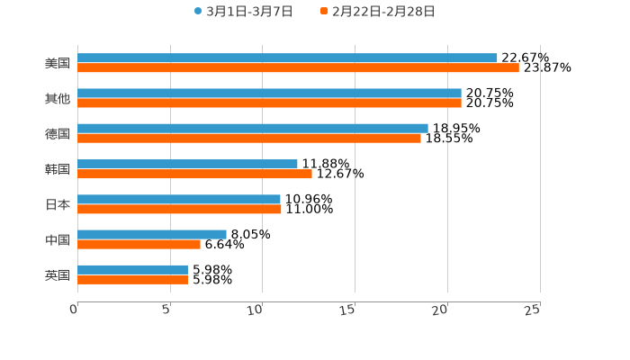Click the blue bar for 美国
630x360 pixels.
tap(287, 58)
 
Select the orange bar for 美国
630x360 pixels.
tap(298, 67)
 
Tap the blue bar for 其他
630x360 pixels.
tap(269, 93)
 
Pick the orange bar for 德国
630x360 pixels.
tap(249, 138)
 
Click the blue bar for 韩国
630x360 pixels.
tap(187, 164)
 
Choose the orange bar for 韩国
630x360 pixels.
tap(194, 174)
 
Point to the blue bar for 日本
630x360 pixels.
tap(179, 199)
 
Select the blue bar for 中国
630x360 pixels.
tap(152, 234)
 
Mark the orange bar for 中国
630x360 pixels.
tap(139, 244)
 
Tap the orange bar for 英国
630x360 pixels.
tap(132, 279)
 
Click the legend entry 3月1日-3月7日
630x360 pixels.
tap(243, 12)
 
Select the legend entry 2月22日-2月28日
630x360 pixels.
tap(377, 12)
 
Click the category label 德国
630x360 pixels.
tap(58, 134)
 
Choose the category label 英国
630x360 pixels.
tap(58, 274)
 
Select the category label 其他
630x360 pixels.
tap(58, 99)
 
